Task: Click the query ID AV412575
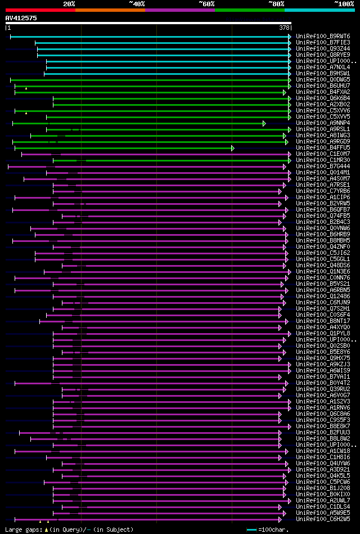[x=21, y=18]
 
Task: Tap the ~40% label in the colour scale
[x=137, y=3]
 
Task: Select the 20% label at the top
[x=69, y=3]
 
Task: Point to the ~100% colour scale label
[x=344, y=3]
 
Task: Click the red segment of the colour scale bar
[x=40, y=10]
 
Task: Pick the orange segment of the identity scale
[x=110, y=10]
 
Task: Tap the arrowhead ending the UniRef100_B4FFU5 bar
[x=232, y=148]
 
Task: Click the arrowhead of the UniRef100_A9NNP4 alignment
[x=264, y=123]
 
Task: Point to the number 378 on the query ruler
[x=284, y=28]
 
